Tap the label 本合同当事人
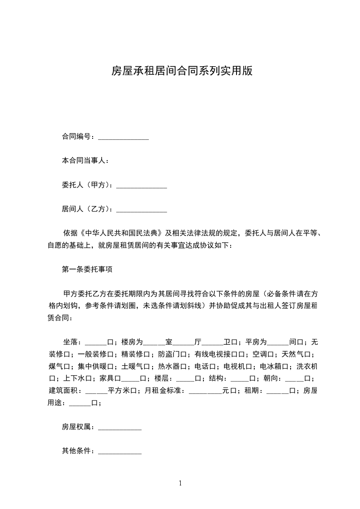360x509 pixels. tap(85, 161)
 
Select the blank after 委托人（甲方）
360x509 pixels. tap(142, 185)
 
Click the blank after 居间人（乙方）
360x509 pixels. tap(142, 209)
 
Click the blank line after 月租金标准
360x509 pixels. tap(205, 391)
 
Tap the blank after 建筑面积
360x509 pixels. tap(96, 391)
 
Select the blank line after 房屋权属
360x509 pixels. tap(120, 427)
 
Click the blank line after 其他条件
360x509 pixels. tap(120, 451)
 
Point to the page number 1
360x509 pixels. tap(180, 483)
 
